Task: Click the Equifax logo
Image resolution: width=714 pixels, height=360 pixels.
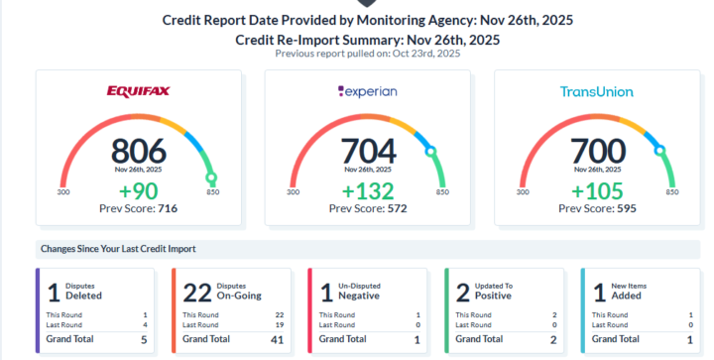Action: coord(138,91)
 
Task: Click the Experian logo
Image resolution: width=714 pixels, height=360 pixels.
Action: coord(368,91)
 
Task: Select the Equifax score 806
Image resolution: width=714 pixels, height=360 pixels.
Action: coord(138,151)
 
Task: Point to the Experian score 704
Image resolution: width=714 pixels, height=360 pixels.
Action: coord(368,151)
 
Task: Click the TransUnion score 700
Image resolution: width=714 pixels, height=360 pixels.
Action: coord(597,151)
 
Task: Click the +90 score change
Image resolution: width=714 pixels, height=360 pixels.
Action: coord(138,190)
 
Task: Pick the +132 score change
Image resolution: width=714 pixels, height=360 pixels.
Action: coord(368,190)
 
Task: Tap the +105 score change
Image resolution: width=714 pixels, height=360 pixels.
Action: coord(597,190)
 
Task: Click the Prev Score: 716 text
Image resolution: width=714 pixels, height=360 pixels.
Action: coord(138,208)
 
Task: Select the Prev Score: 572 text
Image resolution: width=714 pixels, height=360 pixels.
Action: coord(368,208)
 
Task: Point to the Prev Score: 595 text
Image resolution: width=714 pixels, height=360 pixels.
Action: coord(597,208)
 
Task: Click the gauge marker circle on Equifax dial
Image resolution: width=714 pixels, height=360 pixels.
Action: coord(211,178)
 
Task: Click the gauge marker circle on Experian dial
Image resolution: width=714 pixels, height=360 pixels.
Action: coord(430,152)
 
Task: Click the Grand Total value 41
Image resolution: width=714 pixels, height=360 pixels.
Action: coord(277,339)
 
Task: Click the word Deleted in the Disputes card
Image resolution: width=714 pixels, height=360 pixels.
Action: coord(84,296)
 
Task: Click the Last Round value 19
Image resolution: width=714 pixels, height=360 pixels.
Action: coord(280,323)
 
